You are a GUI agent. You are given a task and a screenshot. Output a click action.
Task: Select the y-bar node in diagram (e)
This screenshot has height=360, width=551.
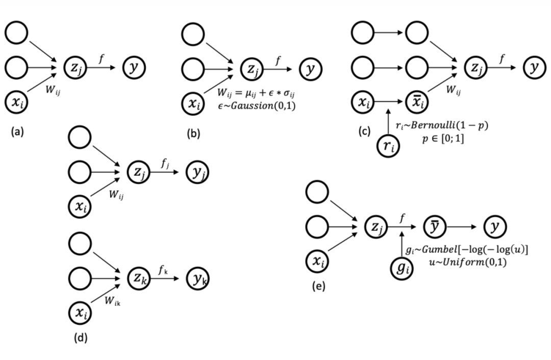pyautogui.click(x=436, y=227)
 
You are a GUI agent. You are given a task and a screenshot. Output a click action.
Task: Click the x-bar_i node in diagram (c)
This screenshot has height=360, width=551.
pyautogui.click(x=417, y=102)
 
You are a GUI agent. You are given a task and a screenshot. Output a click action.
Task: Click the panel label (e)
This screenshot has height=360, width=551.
pyautogui.click(x=318, y=287)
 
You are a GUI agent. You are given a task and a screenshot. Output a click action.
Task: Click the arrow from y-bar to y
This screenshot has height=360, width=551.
pyautogui.click(x=463, y=227)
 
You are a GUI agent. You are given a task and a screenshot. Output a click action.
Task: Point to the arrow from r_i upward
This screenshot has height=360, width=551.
pyautogui.click(x=388, y=121)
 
